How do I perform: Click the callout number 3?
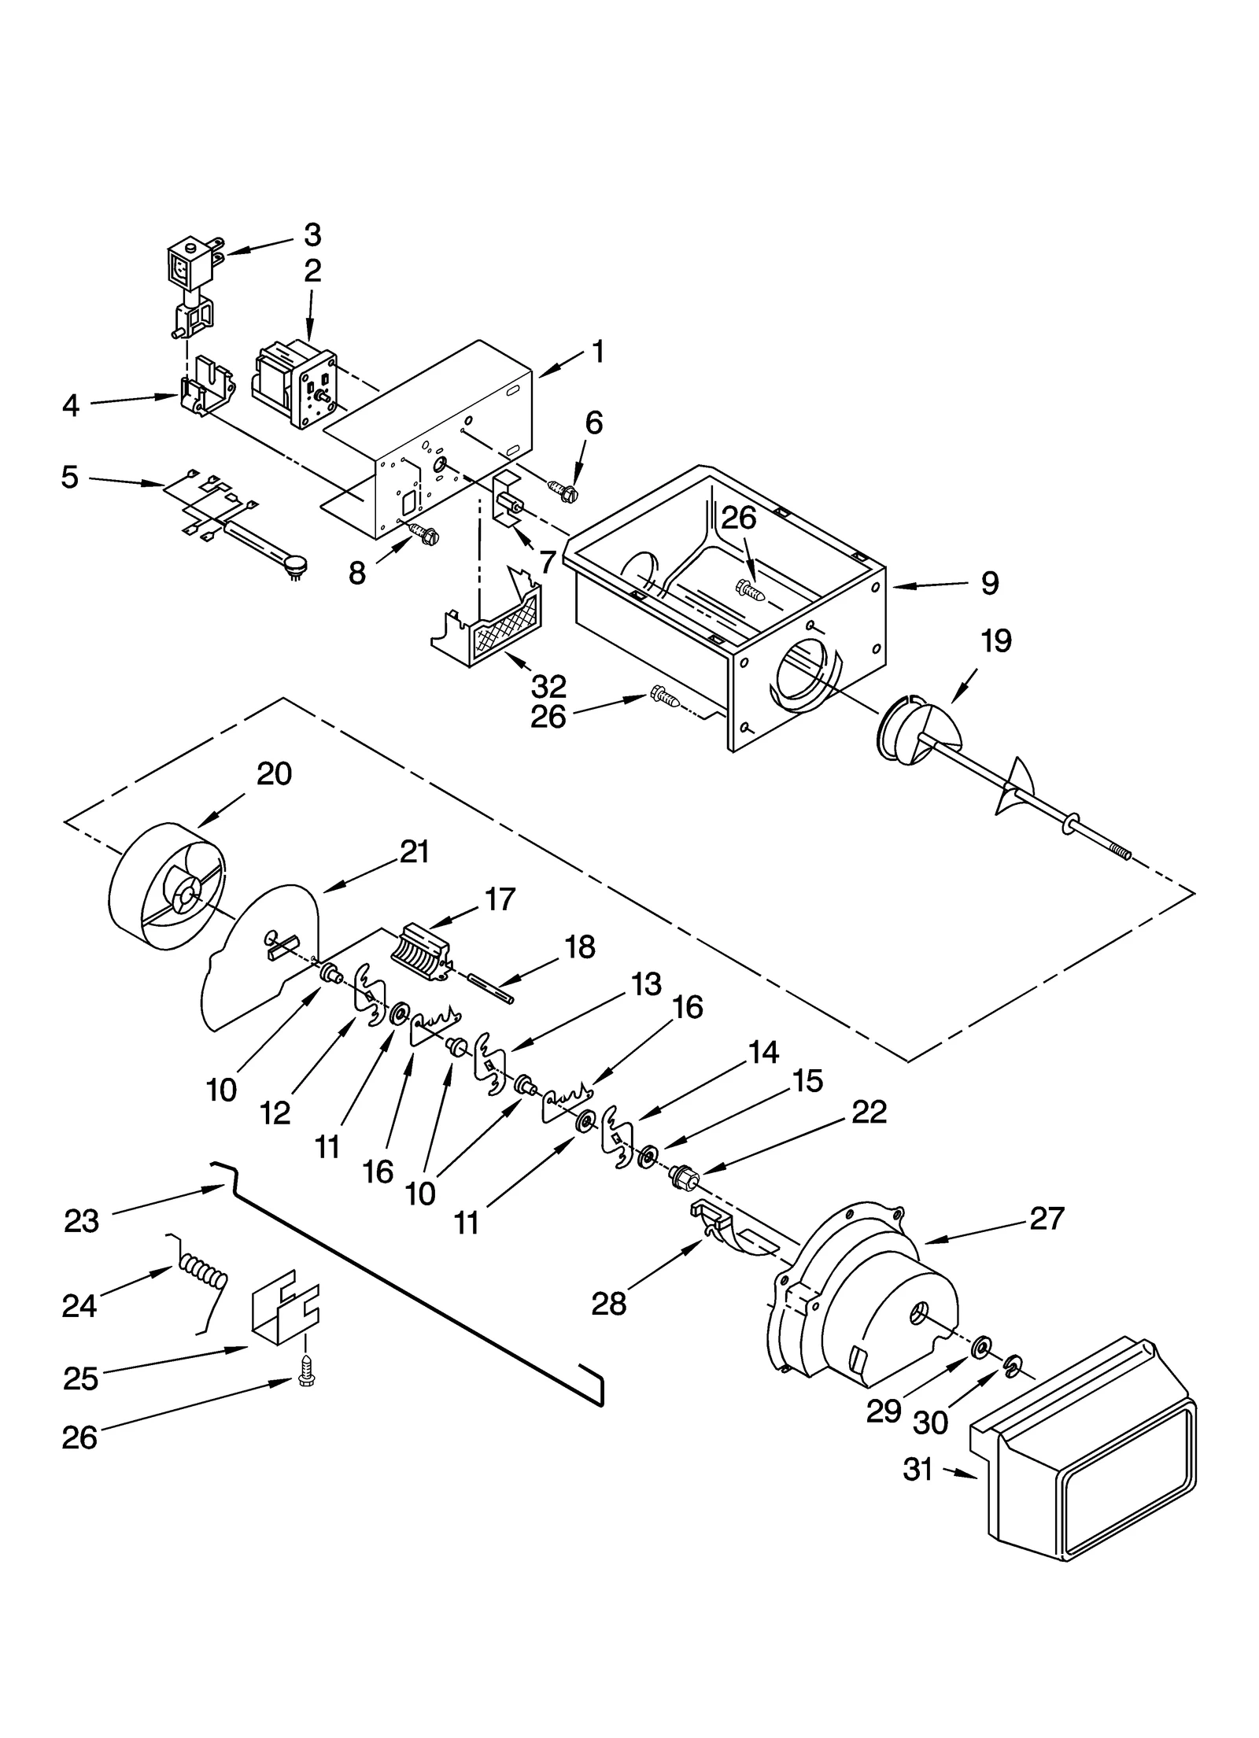tap(312, 234)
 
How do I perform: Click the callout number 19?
tap(995, 641)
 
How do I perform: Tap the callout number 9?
tap(990, 583)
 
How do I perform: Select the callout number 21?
tap(415, 851)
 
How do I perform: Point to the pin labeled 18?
tap(490, 989)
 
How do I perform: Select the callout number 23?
tap(81, 1220)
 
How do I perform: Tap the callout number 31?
tap(917, 1469)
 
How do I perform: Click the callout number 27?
tap(1047, 1218)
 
